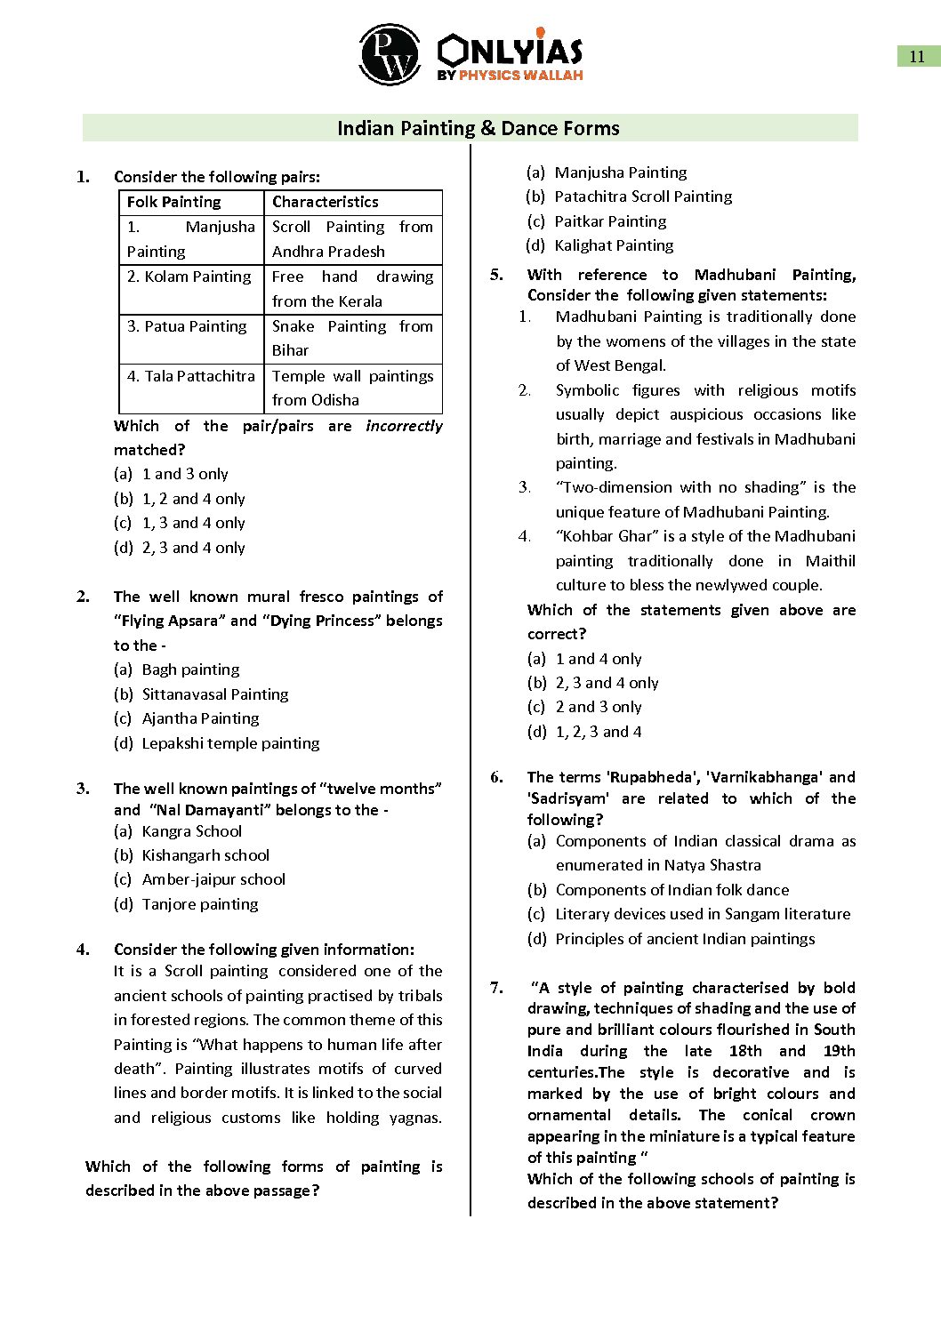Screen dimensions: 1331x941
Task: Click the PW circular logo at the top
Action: pyautogui.click(x=390, y=54)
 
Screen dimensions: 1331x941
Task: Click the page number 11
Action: pyautogui.click(x=917, y=57)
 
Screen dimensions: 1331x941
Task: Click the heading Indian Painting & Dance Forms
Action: pyautogui.click(x=478, y=128)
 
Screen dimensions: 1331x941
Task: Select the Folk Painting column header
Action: pyautogui.click(x=174, y=202)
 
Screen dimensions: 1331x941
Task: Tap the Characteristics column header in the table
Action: pyautogui.click(x=326, y=202)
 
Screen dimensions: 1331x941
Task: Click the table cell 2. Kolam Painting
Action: pyautogui.click(x=189, y=277)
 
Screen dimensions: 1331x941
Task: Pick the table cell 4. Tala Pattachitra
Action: pyautogui.click(x=191, y=376)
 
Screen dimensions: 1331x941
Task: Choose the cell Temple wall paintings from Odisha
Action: pyautogui.click(x=352, y=388)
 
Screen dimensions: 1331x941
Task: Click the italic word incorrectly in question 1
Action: pyautogui.click(x=404, y=426)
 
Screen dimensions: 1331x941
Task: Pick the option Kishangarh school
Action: pyautogui.click(x=205, y=855)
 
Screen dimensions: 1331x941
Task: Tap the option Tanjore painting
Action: pyautogui.click(x=200, y=904)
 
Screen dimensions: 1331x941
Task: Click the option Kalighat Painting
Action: pyautogui.click(x=614, y=245)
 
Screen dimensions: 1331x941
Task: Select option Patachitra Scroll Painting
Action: pyautogui.click(x=643, y=196)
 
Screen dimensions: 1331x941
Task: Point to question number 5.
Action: pyautogui.click(x=496, y=275)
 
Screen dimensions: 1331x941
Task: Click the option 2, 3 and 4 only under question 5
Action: pyautogui.click(x=607, y=683)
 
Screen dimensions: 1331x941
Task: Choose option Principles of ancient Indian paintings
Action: pyautogui.click(x=685, y=939)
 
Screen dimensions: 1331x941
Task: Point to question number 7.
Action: pyautogui.click(x=496, y=988)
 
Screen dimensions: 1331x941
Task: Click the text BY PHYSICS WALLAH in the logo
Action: pyautogui.click(x=510, y=76)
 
